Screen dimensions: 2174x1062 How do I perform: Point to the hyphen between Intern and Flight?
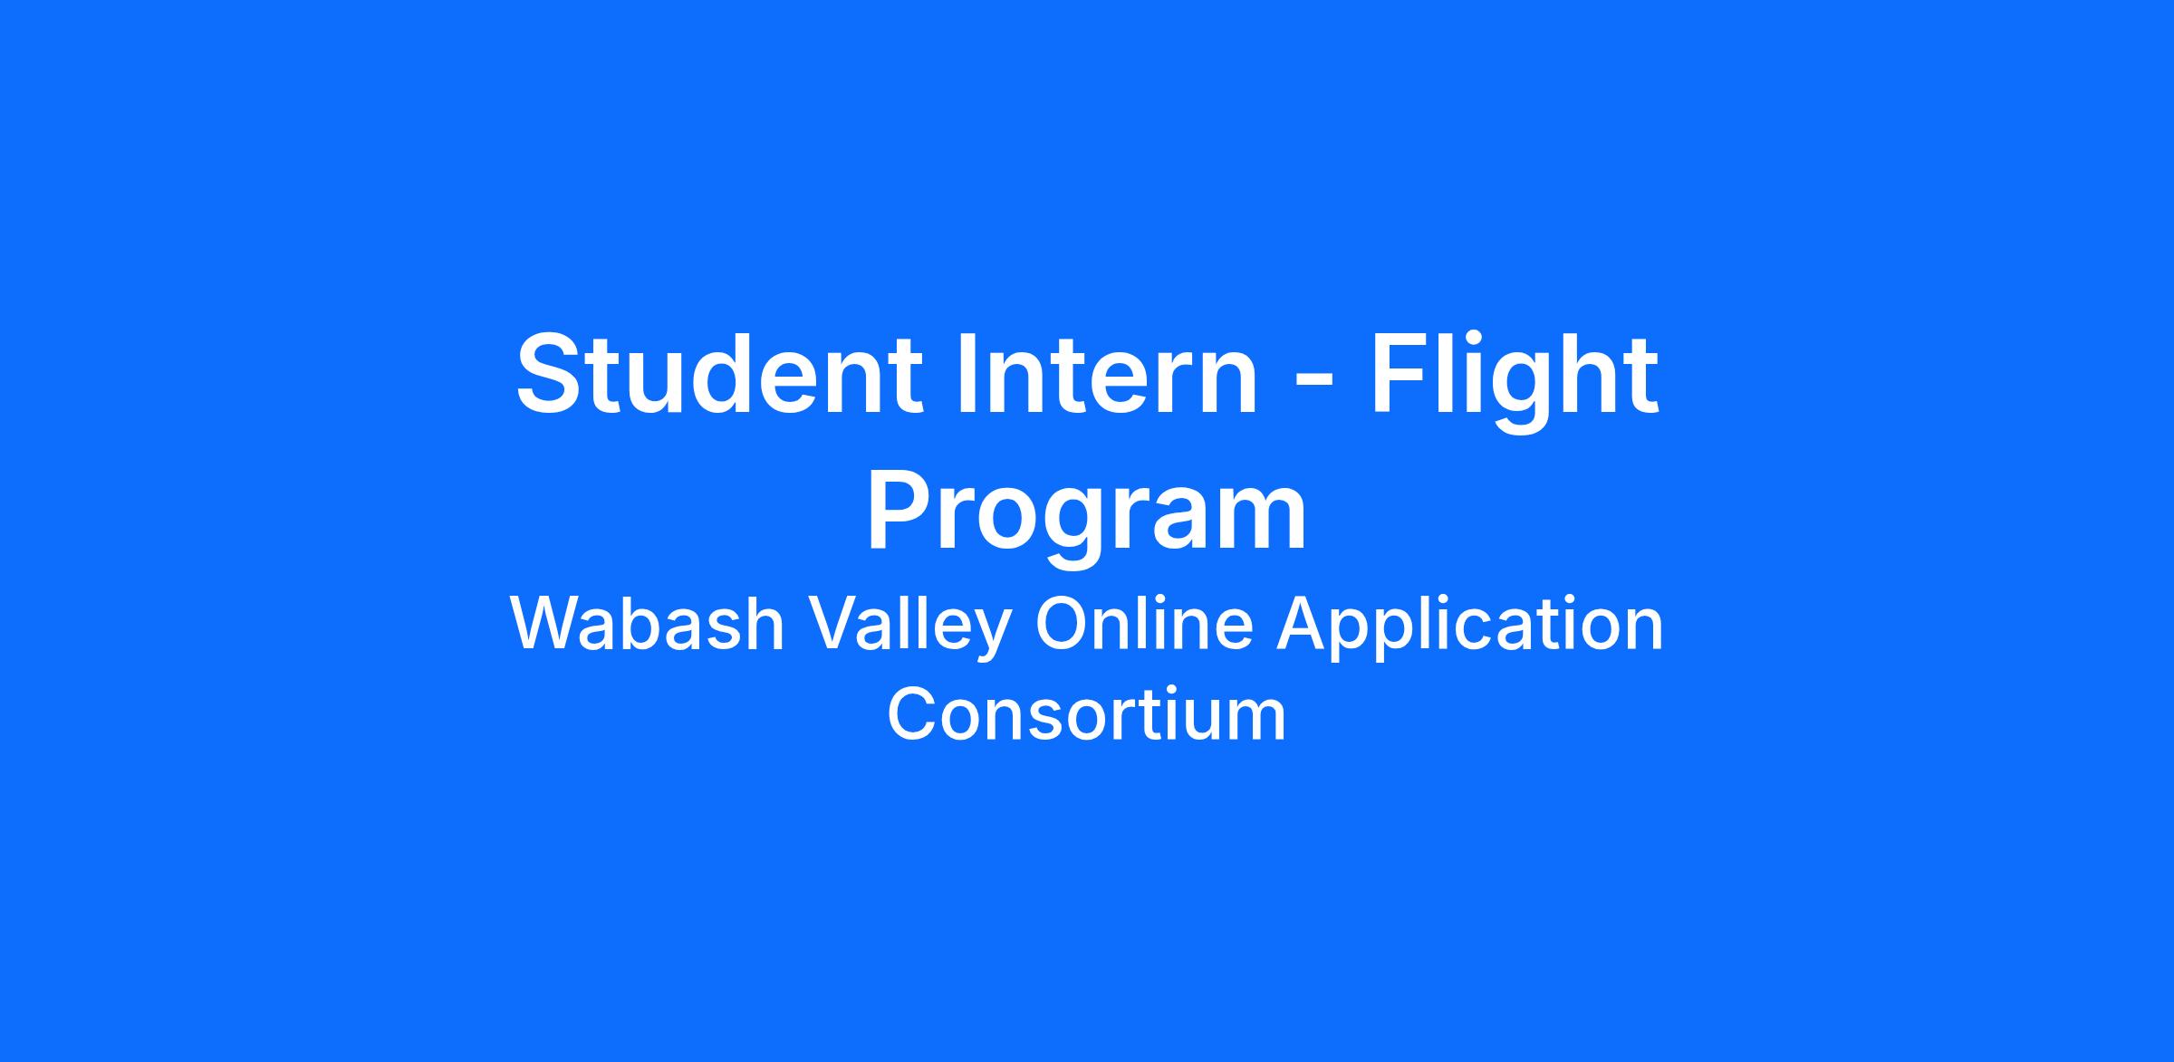pos(1313,383)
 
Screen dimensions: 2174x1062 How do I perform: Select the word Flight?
pos(1514,381)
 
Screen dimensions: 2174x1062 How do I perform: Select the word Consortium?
pos(1087,714)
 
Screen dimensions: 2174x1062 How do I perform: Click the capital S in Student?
pos(553,374)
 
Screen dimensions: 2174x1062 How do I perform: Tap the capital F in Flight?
pos(1400,374)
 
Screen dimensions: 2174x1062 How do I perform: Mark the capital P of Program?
pos(901,508)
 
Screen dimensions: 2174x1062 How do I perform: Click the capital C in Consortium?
pos(913,714)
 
